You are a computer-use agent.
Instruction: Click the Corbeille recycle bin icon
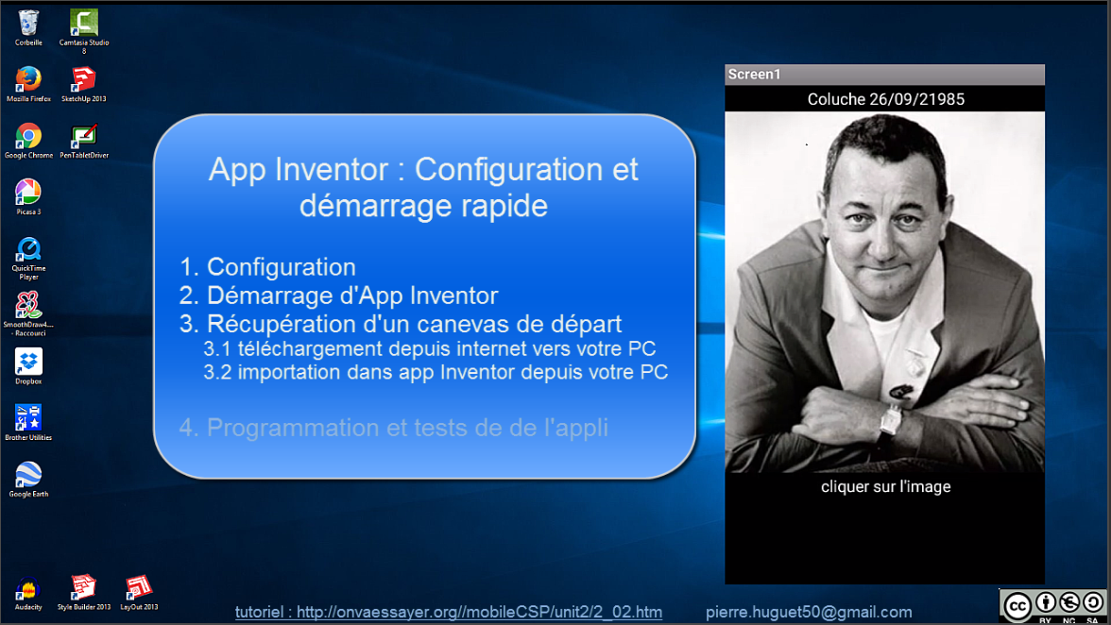coord(28,23)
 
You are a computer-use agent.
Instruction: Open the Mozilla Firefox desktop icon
coord(28,79)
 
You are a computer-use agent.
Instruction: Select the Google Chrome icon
coord(28,136)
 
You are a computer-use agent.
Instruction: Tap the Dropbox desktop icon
coord(28,362)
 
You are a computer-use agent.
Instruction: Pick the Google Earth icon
coord(28,474)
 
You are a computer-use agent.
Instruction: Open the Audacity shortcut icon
coord(27,589)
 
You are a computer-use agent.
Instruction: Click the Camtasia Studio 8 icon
coord(83,23)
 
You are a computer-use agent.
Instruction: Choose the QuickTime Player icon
coord(28,249)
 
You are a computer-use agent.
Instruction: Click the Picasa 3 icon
coord(28,193)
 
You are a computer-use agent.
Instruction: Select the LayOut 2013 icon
coord(139,588)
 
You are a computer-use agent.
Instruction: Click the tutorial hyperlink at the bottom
coord(449,613)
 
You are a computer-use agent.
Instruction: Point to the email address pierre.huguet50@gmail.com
coord(809,613)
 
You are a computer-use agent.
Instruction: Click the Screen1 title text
coord(754,75)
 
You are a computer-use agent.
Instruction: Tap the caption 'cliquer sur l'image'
coord(886,487)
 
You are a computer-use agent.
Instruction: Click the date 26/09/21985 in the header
coord(916,99)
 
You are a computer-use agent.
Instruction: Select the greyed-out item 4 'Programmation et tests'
coord(393,429)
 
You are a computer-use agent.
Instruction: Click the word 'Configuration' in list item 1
coord(282,267)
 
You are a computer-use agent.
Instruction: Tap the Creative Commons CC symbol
coord(1017,607)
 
